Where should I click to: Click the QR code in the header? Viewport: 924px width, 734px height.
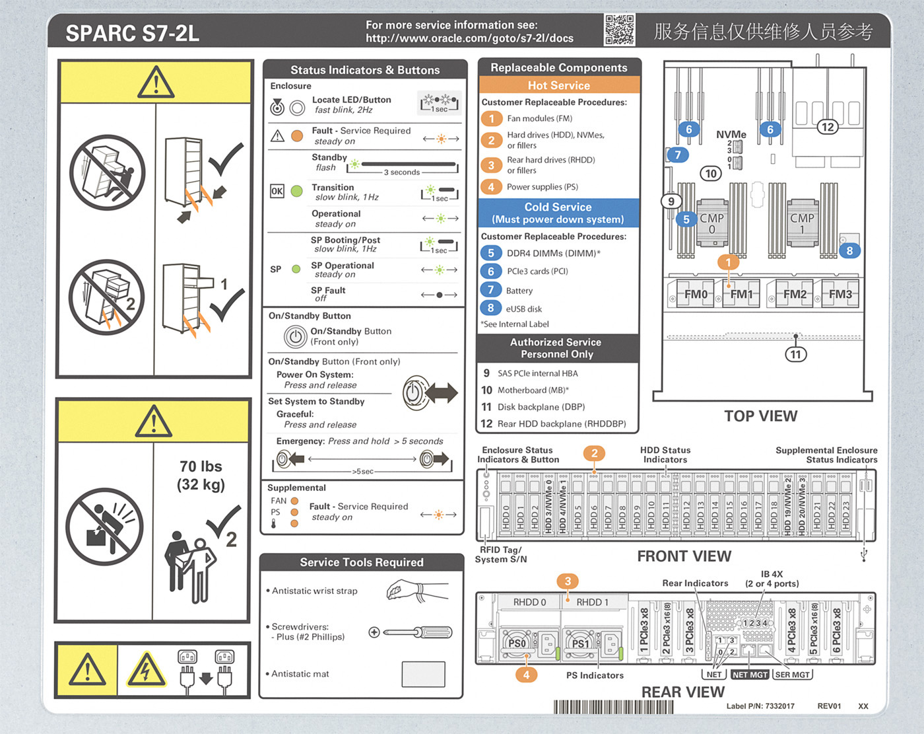(x=618, y=30)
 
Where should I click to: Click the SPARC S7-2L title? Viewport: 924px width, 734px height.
(x=133, y=33)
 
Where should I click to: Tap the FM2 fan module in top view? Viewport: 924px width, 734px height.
(x=794, y=294)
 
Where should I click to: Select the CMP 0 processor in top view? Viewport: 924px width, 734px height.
(x=711, y=223)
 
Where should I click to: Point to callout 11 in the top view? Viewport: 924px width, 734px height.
(x=796, y=354)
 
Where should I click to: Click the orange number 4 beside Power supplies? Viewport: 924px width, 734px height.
(x=491, y=187)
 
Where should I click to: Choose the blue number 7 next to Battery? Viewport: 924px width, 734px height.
(x=490, y=290)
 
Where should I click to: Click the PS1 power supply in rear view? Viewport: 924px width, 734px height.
(x=581, y=643)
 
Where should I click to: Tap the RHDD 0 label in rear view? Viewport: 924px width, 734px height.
(x=529, y=602)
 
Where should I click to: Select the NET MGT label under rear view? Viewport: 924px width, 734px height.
(x=750, y=675)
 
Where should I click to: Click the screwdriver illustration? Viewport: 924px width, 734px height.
(x=411, y=632)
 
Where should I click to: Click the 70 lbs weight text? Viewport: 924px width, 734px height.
(x=201, y=466)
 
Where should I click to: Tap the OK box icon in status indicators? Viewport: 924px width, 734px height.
(x=277, y=192)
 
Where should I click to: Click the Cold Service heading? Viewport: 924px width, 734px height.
(x=558, y=207)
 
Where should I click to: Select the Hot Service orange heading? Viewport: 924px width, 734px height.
(x=558, y=85)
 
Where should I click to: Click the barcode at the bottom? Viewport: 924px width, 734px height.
(x=614, y=706)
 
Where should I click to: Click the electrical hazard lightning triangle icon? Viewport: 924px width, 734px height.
(x=146, y=671)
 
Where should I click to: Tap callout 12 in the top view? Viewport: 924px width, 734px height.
(x=827, y=127)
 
